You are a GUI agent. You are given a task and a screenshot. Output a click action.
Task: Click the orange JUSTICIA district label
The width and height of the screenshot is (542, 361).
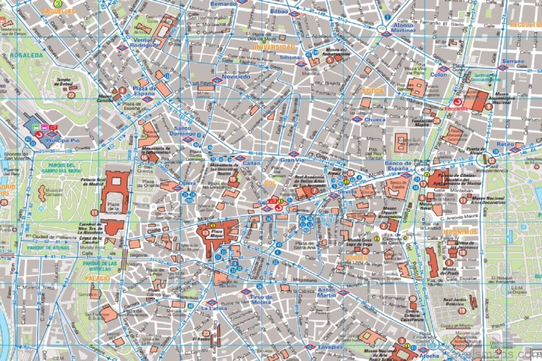pyautogui.click(x=373, y=89)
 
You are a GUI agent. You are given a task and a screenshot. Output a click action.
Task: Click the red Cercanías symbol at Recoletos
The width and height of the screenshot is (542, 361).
pyautogui.click(x=449, y=101)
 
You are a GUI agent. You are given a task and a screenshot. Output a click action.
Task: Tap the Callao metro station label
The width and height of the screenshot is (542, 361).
pyautogui.click(x=251, y=163)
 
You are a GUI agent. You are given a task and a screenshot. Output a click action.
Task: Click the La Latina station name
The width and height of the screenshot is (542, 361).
pyautogui.click(x=214, y=308)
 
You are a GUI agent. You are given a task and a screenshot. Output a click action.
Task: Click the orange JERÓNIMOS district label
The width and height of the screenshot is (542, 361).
pyautogui.click(x=458, y=232)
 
